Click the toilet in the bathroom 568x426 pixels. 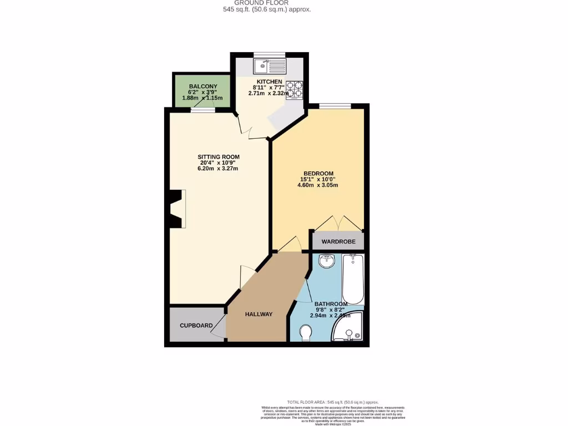[305, 333]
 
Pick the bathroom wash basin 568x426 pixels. [327, 260]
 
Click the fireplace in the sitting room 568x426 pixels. [177, 209]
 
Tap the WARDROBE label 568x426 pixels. [338, 242]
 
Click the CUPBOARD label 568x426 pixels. [196, 326]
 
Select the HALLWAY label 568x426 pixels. [258, 315]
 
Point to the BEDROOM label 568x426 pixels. [318, 173]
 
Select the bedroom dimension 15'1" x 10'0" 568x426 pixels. [318, 179]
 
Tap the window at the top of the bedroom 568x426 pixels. [335, 106]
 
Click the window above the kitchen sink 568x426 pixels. [269, 54]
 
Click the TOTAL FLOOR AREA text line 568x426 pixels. [332, 402]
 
